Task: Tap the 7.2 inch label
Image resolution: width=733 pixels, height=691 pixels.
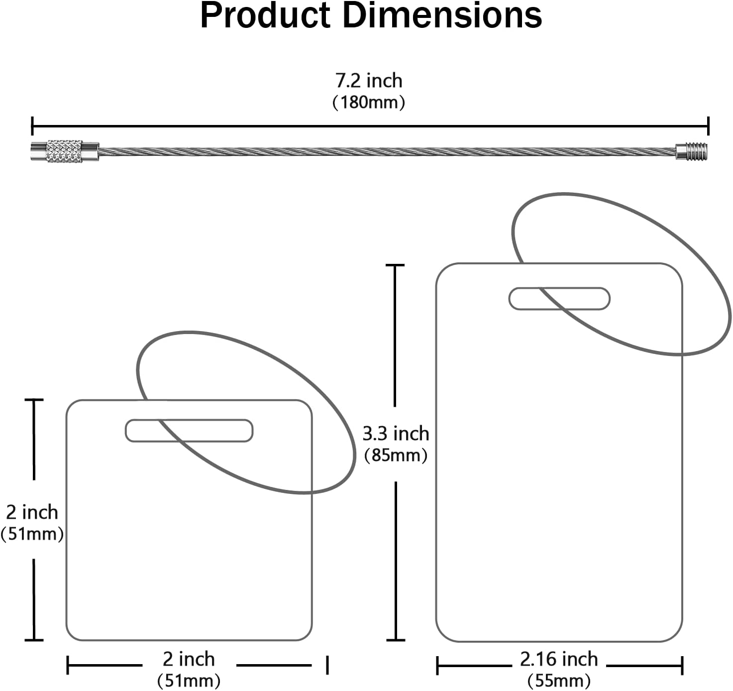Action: [369, 81]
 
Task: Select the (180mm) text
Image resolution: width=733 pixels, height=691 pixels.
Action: [369, 102]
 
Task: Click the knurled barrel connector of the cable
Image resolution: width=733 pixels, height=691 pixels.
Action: [65, 151]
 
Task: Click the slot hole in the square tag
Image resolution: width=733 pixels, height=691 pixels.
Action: [189, 430]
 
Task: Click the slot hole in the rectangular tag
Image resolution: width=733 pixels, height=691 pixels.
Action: [559, 298]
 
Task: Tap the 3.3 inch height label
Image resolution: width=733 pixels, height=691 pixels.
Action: [396, 433]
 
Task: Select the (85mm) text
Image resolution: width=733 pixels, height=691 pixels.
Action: [396, 455]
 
